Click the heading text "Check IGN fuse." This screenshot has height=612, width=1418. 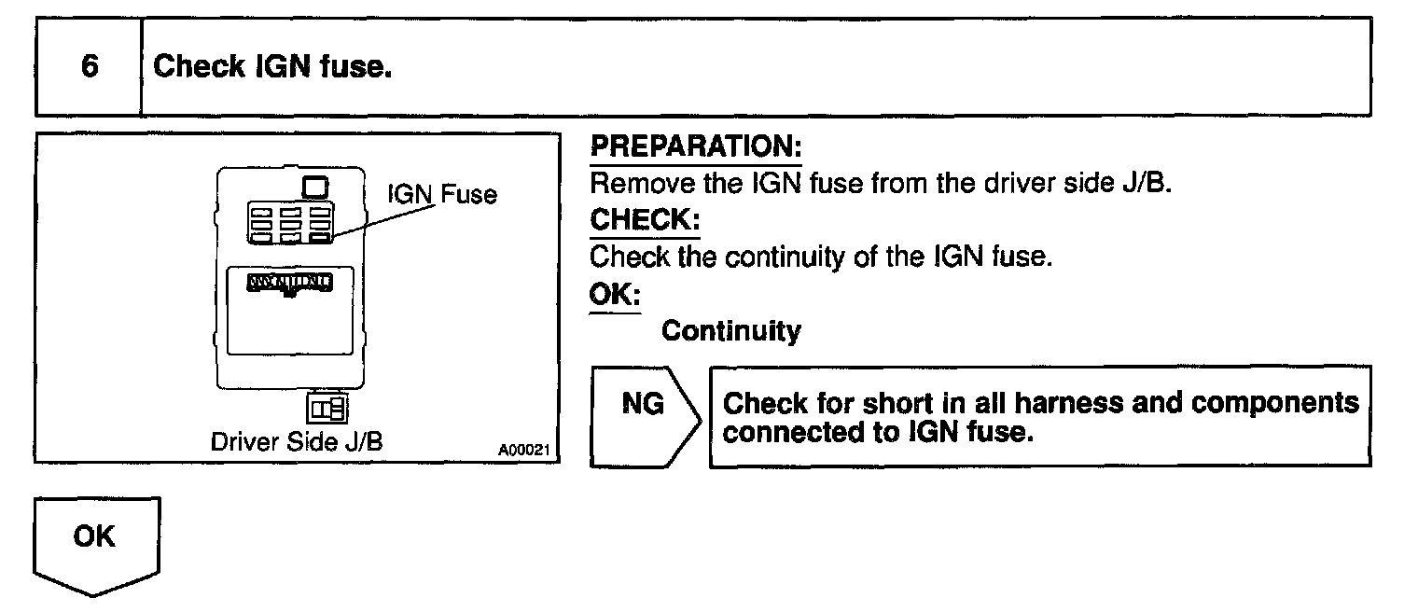pyautogui.click(x=271, y=67)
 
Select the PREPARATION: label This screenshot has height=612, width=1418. pyautogui.click(x=696, y=147)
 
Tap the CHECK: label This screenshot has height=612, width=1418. pyautogui.click(x=645, y=220)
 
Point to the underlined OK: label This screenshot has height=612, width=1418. pyautogui.click(x=615, y=294)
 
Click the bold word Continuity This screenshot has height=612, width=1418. pyautogui.click(x=730, y=331)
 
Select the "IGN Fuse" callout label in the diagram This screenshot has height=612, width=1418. pyautogui.click(x=441, y=194)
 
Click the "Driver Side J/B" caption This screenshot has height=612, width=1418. pyautogui.click(x=297, y=441)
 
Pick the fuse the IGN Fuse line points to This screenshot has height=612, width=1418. pyautogui.click(x=320, y=238)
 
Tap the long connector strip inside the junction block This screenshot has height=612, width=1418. pyautogui.click(x=289, y=281)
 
